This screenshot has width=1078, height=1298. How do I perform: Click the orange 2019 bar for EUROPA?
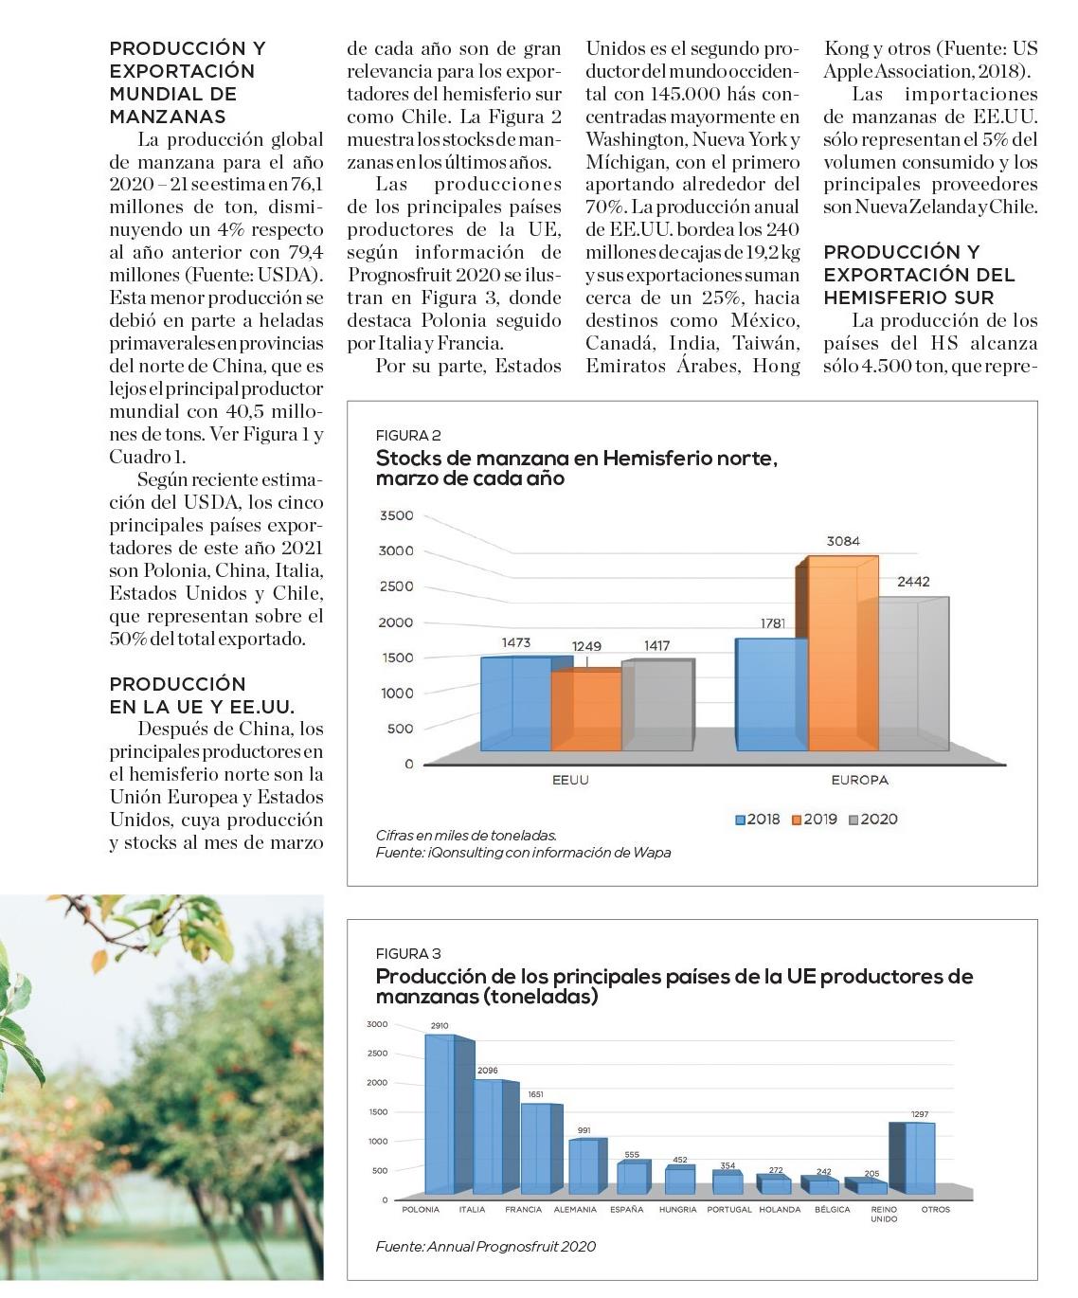[836, 654]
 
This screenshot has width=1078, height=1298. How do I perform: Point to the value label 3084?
[843, 541]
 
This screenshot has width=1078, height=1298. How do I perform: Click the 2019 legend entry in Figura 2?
[814, 820]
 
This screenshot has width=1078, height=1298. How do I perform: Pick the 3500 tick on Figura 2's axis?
[396, 516]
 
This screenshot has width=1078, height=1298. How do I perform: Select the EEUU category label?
[570, 781]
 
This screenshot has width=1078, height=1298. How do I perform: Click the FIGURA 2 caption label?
[408, 436]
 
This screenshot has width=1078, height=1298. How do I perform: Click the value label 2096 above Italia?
[488, 1071]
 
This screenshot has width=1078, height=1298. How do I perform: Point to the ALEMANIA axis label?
[575, 1210]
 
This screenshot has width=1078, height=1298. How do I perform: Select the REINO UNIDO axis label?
[884, 1214]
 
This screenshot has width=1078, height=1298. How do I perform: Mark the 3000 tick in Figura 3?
[377, 1024]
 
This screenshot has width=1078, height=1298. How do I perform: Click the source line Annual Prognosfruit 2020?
[485, 1247]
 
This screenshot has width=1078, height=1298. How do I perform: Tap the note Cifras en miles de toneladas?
[466, 836]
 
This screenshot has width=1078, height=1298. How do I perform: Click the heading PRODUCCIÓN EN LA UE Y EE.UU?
[201, 695]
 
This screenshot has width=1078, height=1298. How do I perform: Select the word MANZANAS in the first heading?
[168, 117]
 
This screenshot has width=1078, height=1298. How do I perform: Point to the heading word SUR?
[968, 297]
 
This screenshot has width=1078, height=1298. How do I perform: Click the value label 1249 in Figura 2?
[586, 646]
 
